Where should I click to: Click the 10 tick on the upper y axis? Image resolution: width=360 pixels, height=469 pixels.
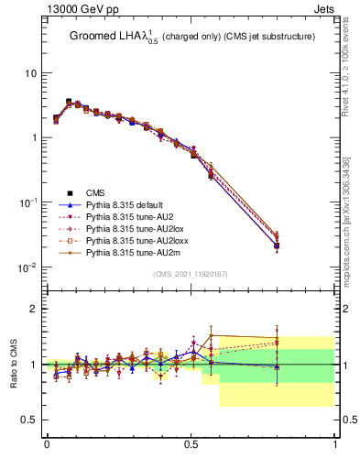point(30,73)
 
